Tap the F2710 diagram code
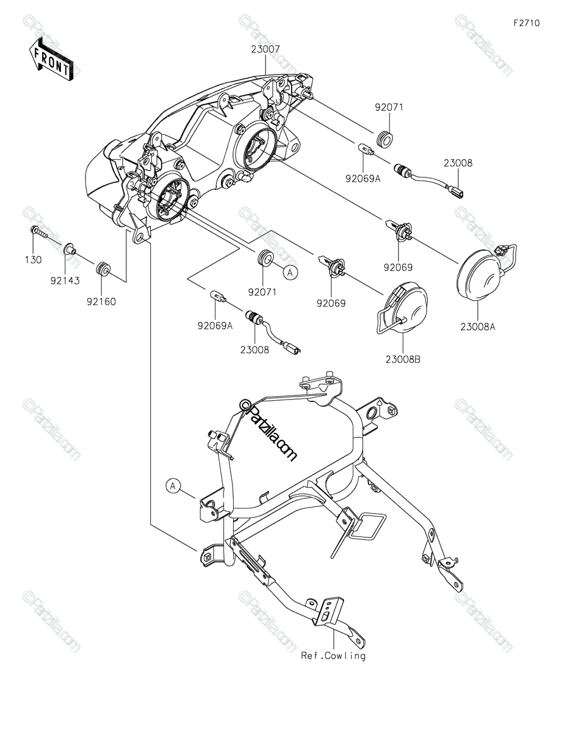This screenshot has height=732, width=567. pos(526,23)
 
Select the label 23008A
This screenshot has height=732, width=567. pos(477,327)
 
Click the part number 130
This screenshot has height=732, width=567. pos(34,260)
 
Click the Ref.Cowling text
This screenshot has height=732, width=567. pos(333,656)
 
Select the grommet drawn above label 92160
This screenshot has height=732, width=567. pos(103,268)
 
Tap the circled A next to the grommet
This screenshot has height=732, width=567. pos(292,272)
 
